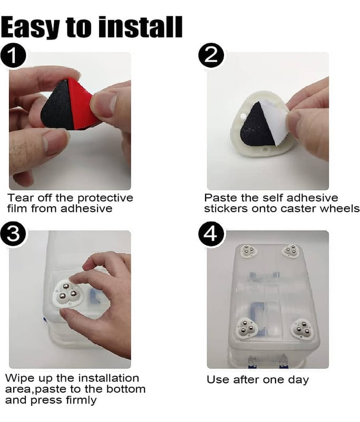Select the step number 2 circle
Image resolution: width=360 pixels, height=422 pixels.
(211, 56)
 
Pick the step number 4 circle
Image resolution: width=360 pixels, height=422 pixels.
(211, 234)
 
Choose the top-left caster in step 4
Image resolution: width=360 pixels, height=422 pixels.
(248, 250)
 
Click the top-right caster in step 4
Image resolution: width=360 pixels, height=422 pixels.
(291, 251)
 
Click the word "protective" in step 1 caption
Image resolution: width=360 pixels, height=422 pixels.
(105, 198)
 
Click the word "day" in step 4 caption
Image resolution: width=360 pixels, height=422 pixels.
(298, 380)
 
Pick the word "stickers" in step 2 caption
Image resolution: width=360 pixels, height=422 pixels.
(226, 209)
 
